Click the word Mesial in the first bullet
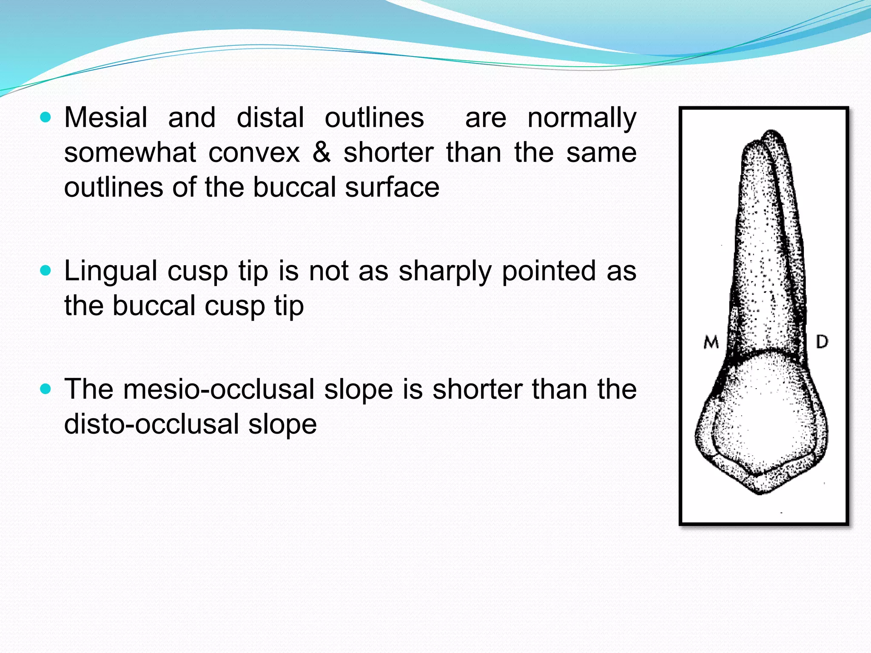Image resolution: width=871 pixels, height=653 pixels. [x=105, y=117]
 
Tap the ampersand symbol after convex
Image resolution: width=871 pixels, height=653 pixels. [x=322, y=152]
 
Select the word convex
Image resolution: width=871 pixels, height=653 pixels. [x=254, y=152]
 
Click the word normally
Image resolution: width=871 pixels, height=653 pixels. [x=581, y=118]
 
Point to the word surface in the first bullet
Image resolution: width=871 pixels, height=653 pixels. [x=392, y=187]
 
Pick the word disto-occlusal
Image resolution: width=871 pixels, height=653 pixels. [x=151, y=424]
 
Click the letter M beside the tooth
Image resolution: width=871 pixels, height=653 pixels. [x=711, y=342]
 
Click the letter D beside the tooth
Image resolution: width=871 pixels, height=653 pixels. [x=822, y=341]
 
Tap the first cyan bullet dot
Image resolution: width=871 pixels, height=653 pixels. [x=46, y=117]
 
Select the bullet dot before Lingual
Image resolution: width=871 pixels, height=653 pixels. [x=46, y=271]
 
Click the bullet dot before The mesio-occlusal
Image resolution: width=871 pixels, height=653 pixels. [x=46, y=389]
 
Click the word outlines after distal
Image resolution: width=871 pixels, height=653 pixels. [x=374, y=117]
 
